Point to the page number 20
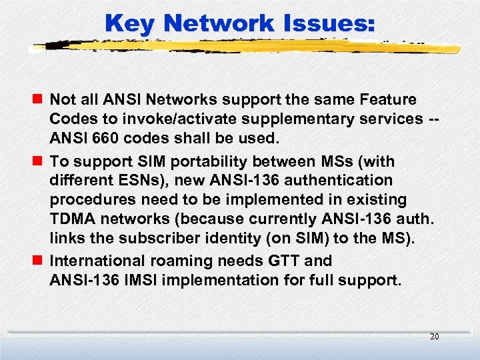click(434, 337)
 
